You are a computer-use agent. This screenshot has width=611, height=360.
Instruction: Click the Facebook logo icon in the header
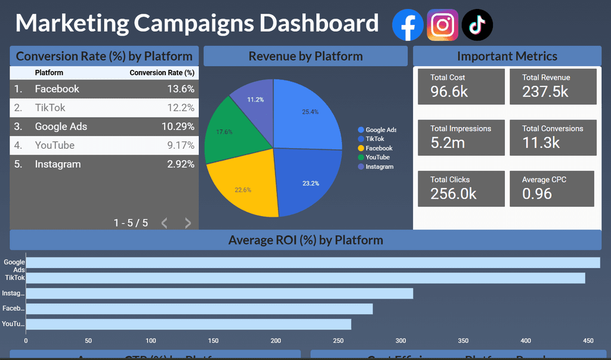(408, 25)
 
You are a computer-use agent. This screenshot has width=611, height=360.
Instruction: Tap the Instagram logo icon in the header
(442, 25)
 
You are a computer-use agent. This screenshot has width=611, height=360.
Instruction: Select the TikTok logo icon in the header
(477, 25)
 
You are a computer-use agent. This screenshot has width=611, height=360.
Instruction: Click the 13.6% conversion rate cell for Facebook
(181, 89)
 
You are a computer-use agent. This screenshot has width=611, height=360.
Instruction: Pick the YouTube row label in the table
(54, 145)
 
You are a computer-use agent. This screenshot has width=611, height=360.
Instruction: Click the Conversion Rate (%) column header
(162, 73)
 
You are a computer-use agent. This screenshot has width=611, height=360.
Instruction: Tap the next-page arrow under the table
(188, 223)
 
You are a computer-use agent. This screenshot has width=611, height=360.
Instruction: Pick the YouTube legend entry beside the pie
(377, 158)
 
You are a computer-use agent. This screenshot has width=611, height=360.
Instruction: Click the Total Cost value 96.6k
(449, 91)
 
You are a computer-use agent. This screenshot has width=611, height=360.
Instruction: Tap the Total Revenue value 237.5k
(545, 91)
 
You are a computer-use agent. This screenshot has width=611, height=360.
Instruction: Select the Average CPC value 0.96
(537, 193)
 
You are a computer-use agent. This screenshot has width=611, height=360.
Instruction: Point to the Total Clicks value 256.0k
(453, 193)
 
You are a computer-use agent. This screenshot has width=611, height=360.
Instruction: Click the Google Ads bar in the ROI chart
(312, 263)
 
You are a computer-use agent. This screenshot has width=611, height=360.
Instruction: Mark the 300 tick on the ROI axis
(401, 341)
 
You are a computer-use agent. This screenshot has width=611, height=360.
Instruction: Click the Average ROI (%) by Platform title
(305, 240)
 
